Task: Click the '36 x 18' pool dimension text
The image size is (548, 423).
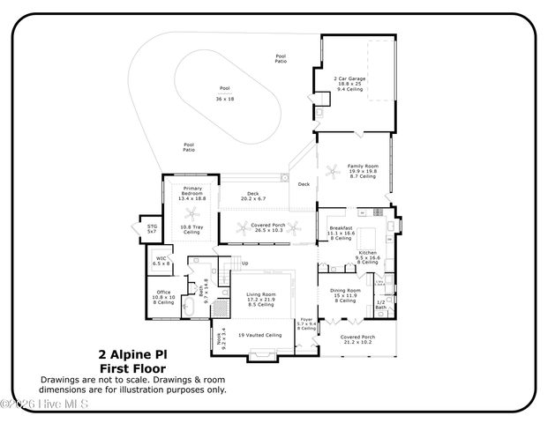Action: click(224, 99)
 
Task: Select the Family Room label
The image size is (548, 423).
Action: click(362, 166)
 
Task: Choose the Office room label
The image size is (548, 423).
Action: click(162, 293)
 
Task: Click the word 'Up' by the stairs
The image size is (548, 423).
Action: click(244, 263)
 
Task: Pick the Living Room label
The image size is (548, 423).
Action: click(260, 294)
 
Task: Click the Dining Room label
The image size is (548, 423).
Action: click(346, 291)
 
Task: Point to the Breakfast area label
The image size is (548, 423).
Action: click(342, 228)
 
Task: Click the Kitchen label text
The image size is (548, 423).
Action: click(368, 253)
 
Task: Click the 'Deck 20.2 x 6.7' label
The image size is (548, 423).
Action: click(252, 196)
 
